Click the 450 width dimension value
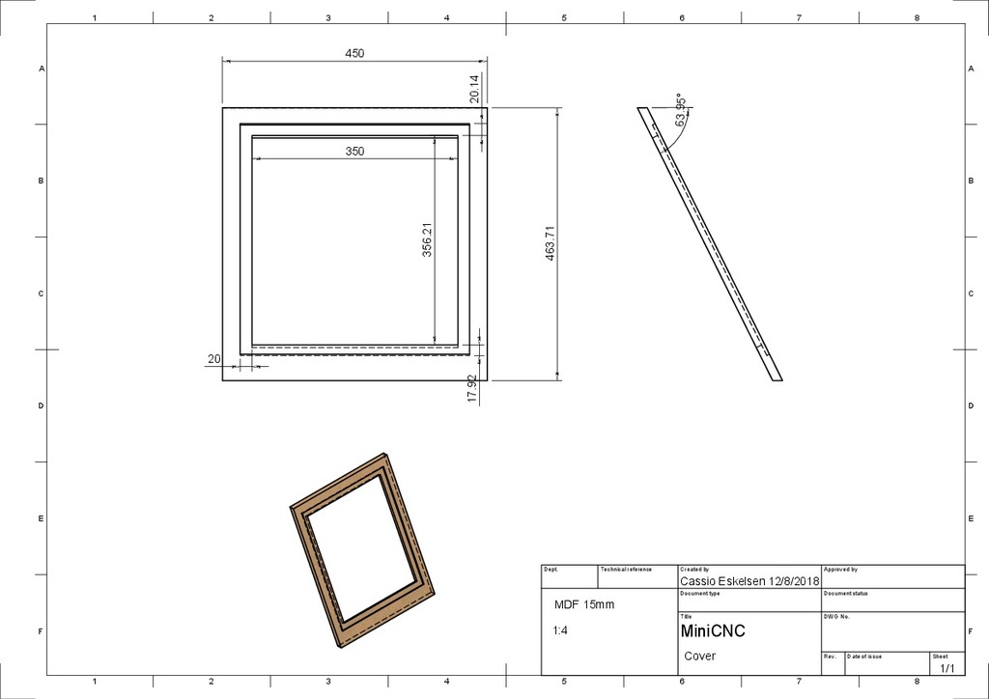pyautogui.click(x=354, y=54)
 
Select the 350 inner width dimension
pyautogui.click(x=354, y=152)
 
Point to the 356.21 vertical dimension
pyautogui.click(x=427, y=240)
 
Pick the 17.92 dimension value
pyautogui.click(x=472, y=388)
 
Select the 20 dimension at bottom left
pyautogui.click(x=213, y=359)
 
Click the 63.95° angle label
pyautogui.click(x=681, y=111)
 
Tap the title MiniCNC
pyautogui.click(x=713, y=631)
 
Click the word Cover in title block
pyautogui.click(x=700, y=657)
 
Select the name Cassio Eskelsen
pyautogui.click(x=722, y=582)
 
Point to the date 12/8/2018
pyautogui.click(x=793, y=582)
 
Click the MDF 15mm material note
pyautogui.click(x=583, y=605)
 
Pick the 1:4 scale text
pyautogui.click(x=560, y=630)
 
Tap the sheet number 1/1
pyautogui.click(x=947, y=667)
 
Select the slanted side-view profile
pyautogui.click(x=710, y=243)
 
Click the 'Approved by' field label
pyautogui.click(x=840, y=570)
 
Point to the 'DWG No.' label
pyautogui.click(x=836, y=616)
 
